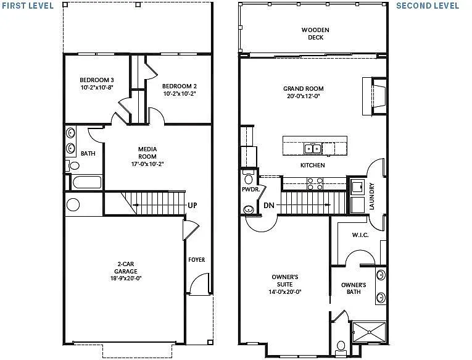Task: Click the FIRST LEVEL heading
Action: [x=27, y=6]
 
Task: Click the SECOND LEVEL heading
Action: [x=428, y=6]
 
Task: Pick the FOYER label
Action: [x=197, y=260]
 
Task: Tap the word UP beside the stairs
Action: [x=193, y=205]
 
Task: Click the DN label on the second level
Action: [x=268, y=205]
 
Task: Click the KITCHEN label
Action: [x=312, y=165]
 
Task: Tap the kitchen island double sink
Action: [x=313, y=148]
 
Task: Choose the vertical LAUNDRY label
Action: [x=371, y=196]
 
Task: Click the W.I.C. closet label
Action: [x=360, y=235]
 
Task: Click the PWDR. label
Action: [x=249, y=190]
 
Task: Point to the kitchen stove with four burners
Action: [x=315, y=183]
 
